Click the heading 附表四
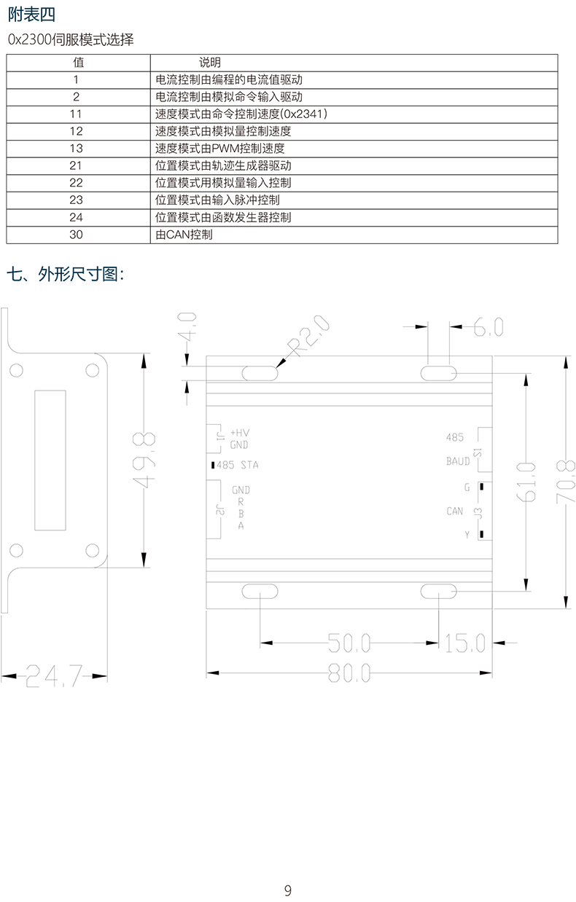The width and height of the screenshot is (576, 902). (x=31, y=14)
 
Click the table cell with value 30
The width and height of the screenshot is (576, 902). (x=77, y=235)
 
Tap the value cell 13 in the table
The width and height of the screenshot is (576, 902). (x=77, y=148)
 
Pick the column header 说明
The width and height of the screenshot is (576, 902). (x=210, y=63)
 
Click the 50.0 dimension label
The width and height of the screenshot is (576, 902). (x=349, y=643)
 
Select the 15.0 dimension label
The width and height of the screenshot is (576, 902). (x=464, y=643)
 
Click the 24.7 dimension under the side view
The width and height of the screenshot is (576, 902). (x=50, y=676)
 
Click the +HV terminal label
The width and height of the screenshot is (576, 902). (x=240, y=432)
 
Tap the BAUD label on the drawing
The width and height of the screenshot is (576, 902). (x=458, y=461)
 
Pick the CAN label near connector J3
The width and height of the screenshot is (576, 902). (x=455, y=511)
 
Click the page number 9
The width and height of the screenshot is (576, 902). (x=288, y=890)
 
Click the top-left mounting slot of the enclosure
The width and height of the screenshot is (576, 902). (x=260, y=373)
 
